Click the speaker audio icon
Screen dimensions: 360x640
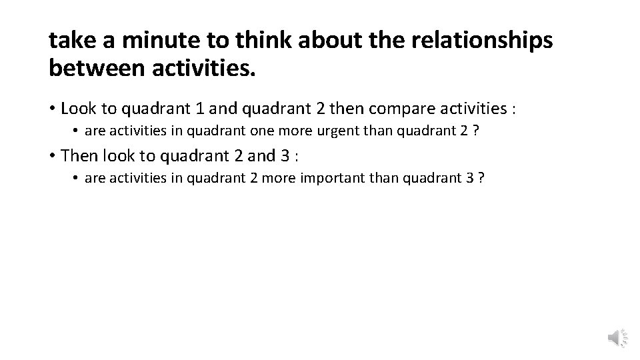click(x=617, y=339)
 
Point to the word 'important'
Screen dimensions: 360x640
click(x=357, y=179)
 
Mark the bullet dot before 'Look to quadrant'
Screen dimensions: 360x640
click(x=52, y=109)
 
